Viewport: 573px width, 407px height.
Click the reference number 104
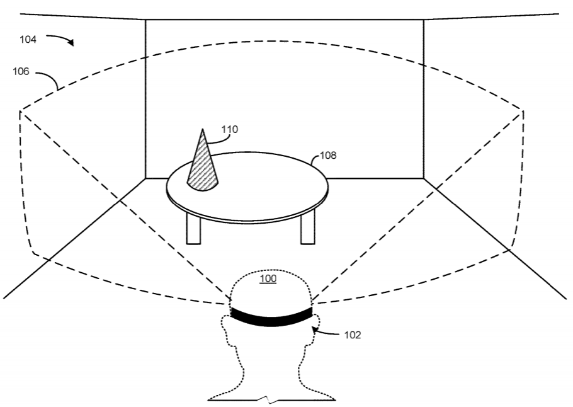point(28,39)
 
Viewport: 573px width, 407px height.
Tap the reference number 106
point(21,71)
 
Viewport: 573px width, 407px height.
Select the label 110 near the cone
point(229,129)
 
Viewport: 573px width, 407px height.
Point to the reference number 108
point(328,156)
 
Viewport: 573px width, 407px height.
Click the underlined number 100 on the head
point(268,278)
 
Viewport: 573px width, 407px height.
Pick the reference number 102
point(353,335)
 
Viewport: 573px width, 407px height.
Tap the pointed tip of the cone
point(203,129)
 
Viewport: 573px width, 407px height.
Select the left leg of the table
point(193,228)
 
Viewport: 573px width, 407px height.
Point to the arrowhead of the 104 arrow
point(71,42)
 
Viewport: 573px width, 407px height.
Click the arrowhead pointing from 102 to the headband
point(314,330)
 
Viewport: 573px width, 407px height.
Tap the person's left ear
point(227,328)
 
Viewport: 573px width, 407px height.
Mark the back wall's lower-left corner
point(146,178)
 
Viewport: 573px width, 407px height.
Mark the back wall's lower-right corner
point(424,178)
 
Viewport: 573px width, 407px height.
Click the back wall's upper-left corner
point(146,20)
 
